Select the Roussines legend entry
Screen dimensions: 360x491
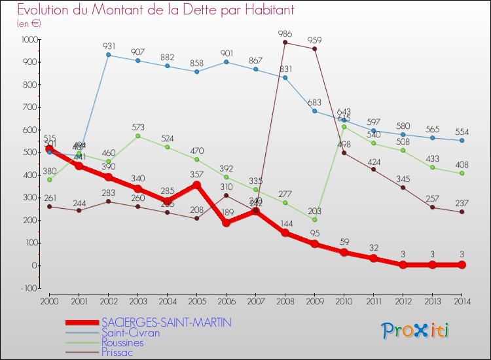pyautogui.click(x=122, y=342)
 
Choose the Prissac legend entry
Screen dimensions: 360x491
pyautogui.click(x=118, y=352)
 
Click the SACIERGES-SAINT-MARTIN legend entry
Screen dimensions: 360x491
pyautogui.click(x=166, y=323)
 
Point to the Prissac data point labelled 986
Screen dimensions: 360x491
pyautogui.click(x=285, y=43)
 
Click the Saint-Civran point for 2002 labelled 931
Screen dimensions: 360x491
pyautogui.click(x=109, y=55)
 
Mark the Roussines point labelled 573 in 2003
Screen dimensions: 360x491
pyautogui.click(x=138, y=135)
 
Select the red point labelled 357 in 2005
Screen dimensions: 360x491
pyautogui.click(x=197, y=185)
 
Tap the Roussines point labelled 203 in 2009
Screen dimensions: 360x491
pyautogui.click(x=315, y=219)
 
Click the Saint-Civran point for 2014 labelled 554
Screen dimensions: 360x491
pyautogui.click(x=462, y=140)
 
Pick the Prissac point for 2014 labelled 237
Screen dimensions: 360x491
pyautogui.click(x=462, y=211)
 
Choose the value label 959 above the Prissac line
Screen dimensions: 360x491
pyautogui.click(x=314, y=39)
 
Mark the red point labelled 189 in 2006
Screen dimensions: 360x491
pyautogui.click(x=227, y=223)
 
